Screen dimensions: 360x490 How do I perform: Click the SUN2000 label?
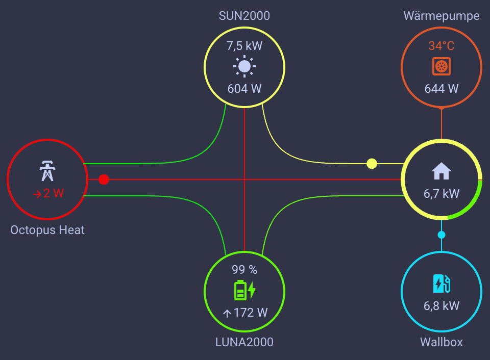click(244, 16)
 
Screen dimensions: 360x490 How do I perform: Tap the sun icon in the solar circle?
click(244, 66)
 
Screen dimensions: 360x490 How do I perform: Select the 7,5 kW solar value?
click(244, 46)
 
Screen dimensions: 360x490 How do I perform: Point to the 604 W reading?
click(244, 89)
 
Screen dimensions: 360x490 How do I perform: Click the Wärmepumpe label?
click(442, 16)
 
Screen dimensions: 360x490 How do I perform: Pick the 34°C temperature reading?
click(442, 46)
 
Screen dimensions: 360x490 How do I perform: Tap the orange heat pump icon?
click(442, 66)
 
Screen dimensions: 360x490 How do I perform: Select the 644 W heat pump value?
click(442, 89)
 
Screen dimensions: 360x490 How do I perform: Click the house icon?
click(442, 171)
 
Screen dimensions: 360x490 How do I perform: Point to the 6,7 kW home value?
click(442, 194)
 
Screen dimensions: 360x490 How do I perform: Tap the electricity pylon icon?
click(47, 171)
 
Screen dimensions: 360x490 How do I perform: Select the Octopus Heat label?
click(47, 230)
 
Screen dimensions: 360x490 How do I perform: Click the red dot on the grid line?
click(104, 179)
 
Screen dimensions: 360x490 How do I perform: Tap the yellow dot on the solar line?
click(372, 164)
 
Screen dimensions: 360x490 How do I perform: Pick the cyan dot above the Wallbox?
click(442, 235)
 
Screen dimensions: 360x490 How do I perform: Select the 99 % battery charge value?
click(244, 270)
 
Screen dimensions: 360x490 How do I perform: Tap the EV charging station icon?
click(442, 284)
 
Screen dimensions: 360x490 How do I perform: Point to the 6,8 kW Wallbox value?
click(442, 306)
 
